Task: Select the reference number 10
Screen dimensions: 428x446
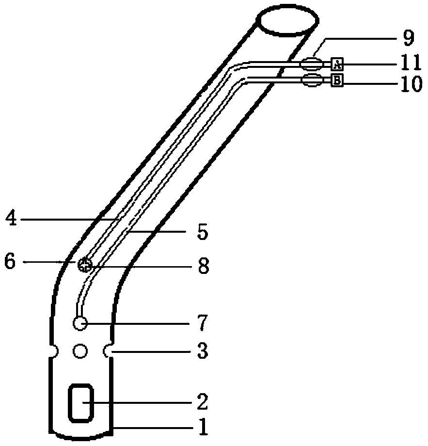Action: tap(409, 85)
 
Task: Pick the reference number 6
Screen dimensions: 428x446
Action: tap(10, 262)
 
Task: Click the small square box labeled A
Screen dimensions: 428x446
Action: tap(337, 63)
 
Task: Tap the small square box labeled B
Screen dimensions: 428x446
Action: tap(337, 80)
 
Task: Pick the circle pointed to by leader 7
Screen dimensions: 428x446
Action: tap(80, 323)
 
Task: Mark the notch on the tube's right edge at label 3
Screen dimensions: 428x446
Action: tap(108, 350)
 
